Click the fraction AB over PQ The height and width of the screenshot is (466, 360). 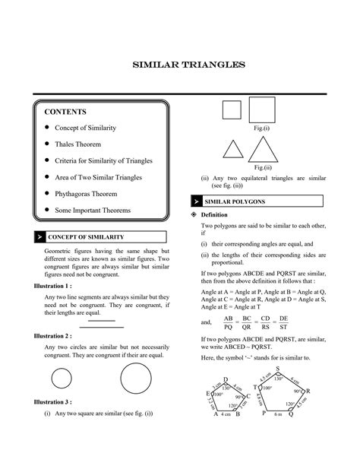tap(227, 322)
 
